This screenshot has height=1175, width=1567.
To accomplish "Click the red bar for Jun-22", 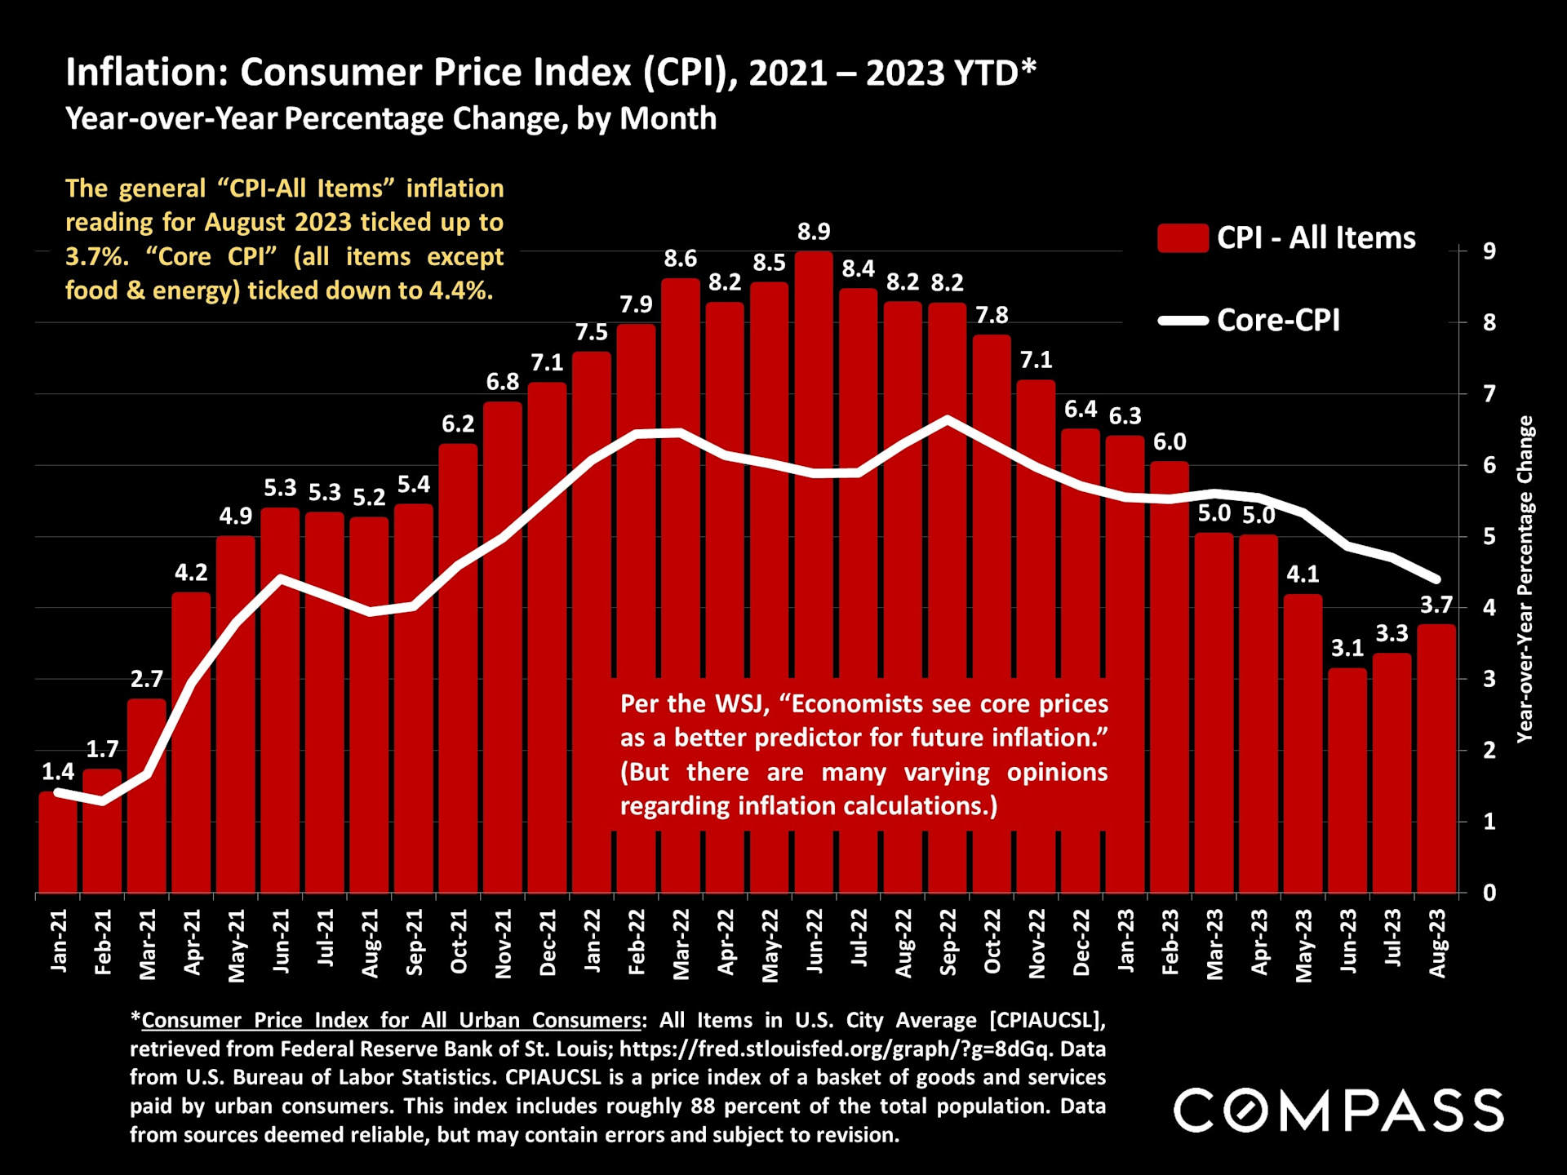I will point(814,571).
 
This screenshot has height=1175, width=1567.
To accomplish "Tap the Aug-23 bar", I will point(1436,759).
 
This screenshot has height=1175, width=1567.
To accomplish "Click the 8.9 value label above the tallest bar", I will point(814,232).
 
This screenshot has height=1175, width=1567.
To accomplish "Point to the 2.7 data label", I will point(147,679).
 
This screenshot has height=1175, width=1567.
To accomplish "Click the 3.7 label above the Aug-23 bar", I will point(1436,605).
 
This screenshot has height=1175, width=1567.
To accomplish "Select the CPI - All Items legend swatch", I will point(1183,238).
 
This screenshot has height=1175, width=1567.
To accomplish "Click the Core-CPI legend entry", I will point(1277,320).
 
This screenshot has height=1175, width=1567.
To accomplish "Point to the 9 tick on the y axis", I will point(1489,251).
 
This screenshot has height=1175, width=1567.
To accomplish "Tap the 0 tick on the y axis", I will point(1489,893).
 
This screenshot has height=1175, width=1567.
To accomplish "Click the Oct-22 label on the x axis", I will point(992,942).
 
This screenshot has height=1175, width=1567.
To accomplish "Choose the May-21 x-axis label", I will point(237,945).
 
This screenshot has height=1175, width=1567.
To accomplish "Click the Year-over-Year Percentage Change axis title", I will point(1525,579).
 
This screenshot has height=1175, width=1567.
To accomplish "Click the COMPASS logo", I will point(1338,1111).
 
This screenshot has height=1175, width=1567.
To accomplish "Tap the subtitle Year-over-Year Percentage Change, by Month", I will point(391,119).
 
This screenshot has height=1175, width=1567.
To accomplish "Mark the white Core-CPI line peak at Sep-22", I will point(947,419).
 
